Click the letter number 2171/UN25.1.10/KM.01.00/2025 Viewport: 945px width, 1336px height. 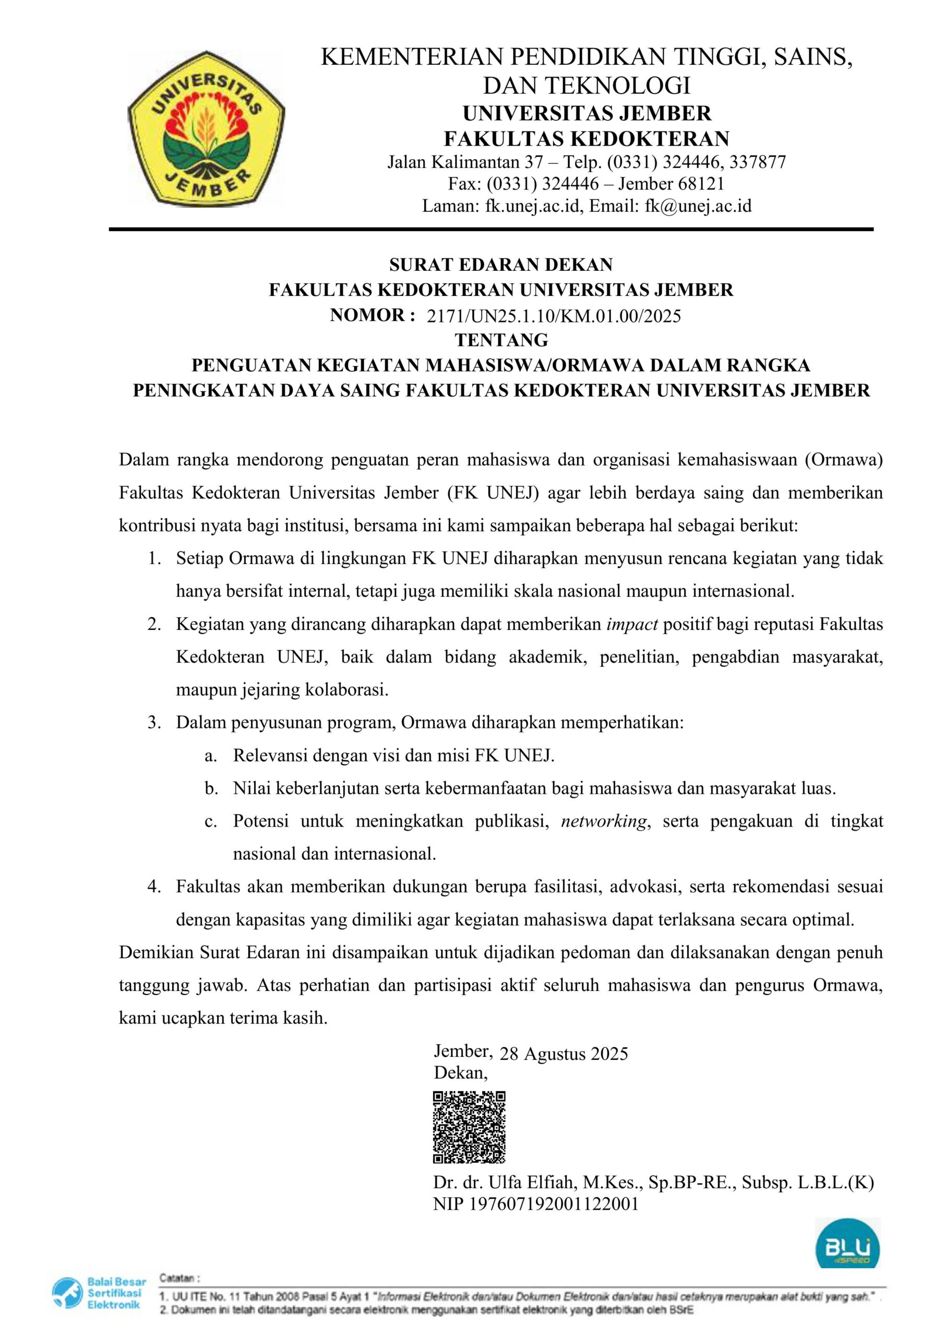click(554, 317)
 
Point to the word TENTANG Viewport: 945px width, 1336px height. click(501, 339)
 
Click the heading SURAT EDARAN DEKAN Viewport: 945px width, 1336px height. click(501, 265)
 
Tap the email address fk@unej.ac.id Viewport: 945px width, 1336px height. click(698, 206)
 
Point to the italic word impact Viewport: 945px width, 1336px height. click(632, 624)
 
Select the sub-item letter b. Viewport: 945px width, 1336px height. click(211, 789)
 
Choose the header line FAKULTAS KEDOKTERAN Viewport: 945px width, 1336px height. click(587, 138)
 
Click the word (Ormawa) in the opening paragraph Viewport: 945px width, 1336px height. click(844, 460)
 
